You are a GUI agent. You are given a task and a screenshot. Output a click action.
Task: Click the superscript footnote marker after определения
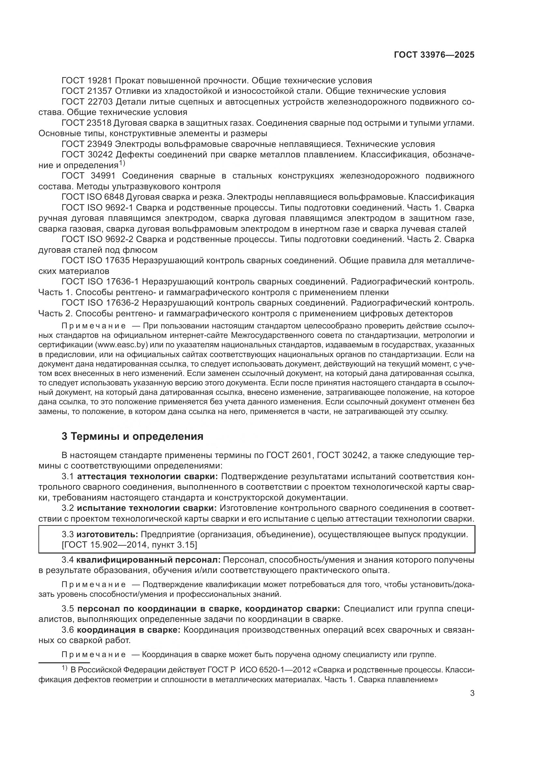(x=122, y=163)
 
